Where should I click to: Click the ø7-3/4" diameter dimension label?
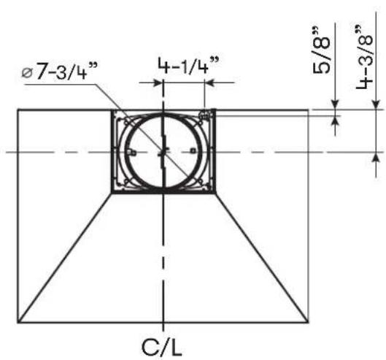point(60,71)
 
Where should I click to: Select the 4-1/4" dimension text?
point(188,65)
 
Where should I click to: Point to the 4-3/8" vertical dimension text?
point(365,57)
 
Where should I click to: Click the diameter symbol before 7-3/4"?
point(27,73)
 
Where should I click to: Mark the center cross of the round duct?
point(163,152)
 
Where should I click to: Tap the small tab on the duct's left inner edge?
point(133,153)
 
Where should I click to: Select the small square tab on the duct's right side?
point(193,150)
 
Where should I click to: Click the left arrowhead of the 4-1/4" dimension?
point(158,83)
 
